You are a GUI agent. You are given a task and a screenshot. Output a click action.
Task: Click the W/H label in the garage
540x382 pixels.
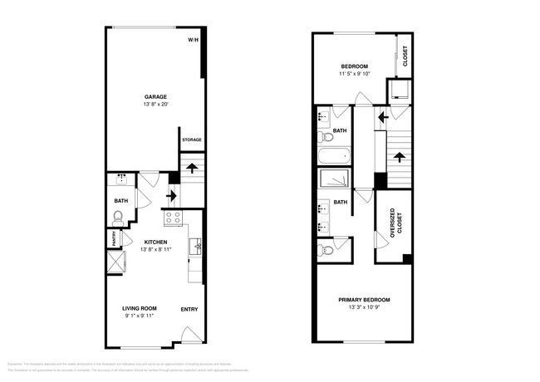[x=193, y=40]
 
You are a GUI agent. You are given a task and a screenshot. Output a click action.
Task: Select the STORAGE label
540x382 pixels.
[x=192, y=140]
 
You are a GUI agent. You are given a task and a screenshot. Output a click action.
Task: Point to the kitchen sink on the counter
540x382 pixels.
[x=197, y=245]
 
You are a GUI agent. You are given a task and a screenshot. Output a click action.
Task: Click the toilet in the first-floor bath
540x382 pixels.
[x=119, y=219]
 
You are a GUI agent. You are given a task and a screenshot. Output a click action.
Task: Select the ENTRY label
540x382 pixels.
[x=189, y=310]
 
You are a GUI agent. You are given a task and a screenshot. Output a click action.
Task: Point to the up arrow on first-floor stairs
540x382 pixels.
[x=192, y=169]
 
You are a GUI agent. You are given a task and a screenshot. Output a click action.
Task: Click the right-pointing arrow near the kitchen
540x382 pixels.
[x=173, y=196]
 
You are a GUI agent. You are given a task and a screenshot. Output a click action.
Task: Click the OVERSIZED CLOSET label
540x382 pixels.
[x=394, y=226]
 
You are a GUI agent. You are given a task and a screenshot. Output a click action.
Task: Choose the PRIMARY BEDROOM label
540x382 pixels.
[x=363, y=300]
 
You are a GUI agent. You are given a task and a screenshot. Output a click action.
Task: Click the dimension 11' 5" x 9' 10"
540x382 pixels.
[x=354, y=74]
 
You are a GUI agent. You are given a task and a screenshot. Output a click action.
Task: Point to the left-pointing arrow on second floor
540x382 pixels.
[x=382, y=117]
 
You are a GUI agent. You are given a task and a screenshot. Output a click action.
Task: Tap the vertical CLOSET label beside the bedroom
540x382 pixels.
[x=405, y=56]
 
